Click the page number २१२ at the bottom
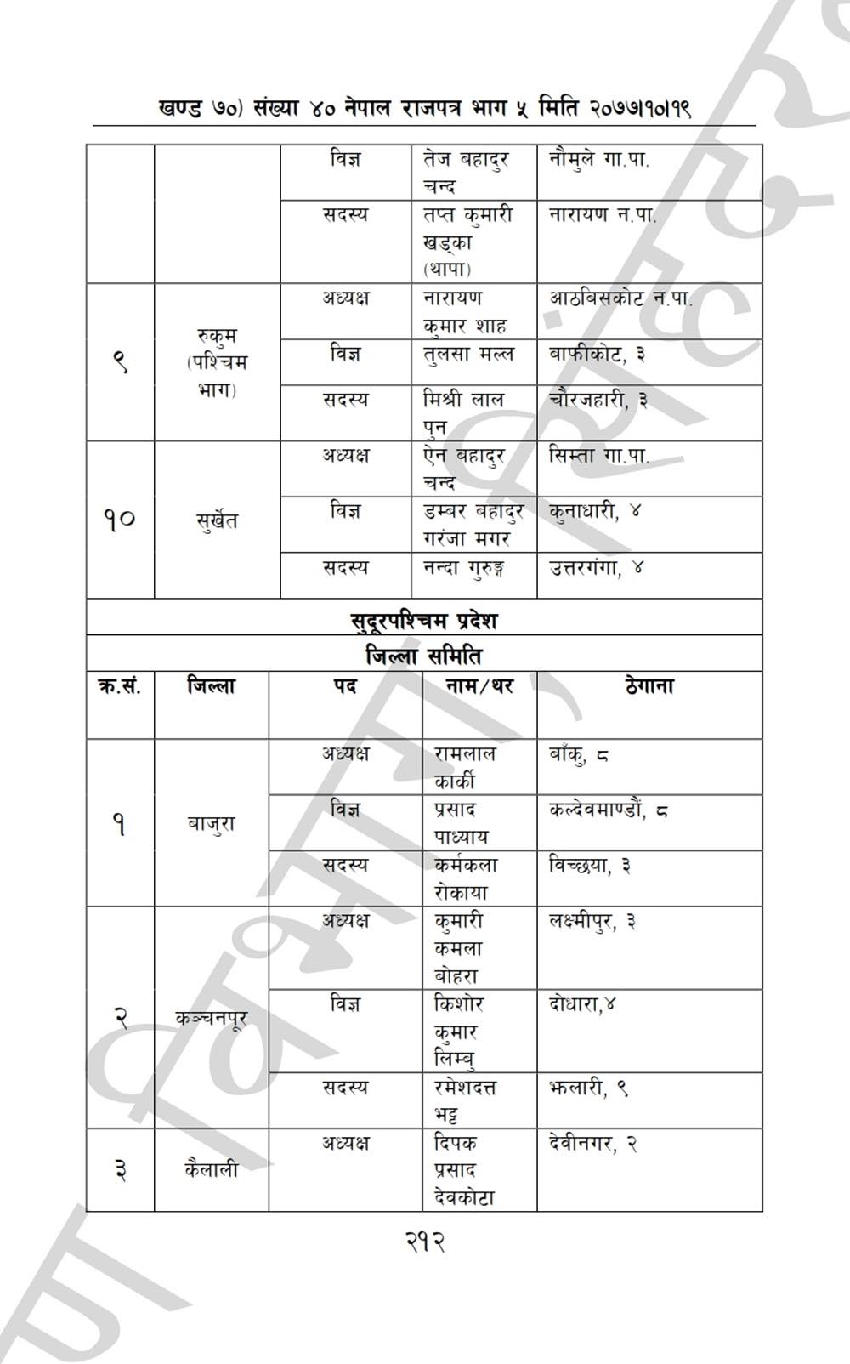pos(424,1242)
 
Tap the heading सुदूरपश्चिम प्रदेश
pos(424,620)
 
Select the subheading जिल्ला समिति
pos(424,656)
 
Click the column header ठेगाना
pos(649,686)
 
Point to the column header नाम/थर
pos(479,686)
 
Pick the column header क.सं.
pos(120,686)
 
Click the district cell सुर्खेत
pos(217,520)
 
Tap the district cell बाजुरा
pos(212,823)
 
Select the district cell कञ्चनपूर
pos(212,1017)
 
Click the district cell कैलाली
pos(212,1169)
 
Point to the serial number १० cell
pos(120,518)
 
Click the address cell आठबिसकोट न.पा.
pos(620,298)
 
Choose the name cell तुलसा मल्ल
pos(468,354)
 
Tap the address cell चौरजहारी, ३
pos(598,400)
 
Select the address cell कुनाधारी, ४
pos(595,512)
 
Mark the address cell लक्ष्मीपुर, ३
pos(592,921)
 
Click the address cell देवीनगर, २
pos(593,1144)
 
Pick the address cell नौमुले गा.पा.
pos(598,159)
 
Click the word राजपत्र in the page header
pos(445,109)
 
